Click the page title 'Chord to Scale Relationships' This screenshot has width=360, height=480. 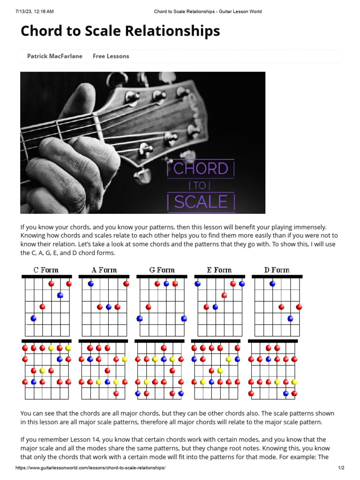click(x=120, y=31)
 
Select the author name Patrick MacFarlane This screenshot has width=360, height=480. click(x=54, y=56)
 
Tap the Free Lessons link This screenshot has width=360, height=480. click(x=111, y=56)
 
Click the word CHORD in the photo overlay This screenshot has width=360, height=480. click(x=201, y=169)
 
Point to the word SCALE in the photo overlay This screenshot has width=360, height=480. click(x=201, y=202)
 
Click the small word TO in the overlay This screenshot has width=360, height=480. click(x=200, y=185)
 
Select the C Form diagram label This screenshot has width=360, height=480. click(x=46, y=270)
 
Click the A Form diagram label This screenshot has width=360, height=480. click(x=104, y=270)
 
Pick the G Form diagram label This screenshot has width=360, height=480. click(x=162, y=270)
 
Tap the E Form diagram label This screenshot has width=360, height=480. click(x=219, y=270)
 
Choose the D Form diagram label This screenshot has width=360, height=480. click(x=277, y=270)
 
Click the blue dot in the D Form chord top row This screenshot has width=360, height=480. click(x=272, y=284)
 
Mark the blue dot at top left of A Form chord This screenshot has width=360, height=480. click(x=90, y=284)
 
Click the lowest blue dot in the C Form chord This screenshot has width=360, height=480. click(x=33, y=318)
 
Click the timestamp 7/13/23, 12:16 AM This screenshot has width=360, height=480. click(x=34, y=11)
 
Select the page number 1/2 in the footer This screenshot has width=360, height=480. click(x=341, y=468)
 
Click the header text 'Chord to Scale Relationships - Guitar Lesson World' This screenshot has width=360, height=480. click(x=208, y=11)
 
